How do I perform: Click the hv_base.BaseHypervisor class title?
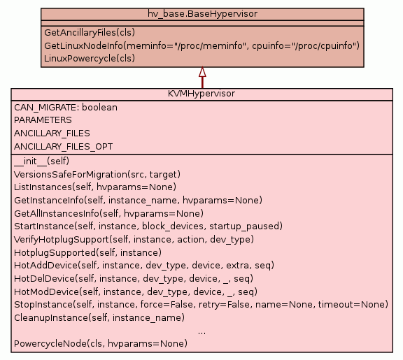pos(202,13)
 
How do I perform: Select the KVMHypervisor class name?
pos(201,94)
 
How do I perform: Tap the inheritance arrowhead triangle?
pos(202,72)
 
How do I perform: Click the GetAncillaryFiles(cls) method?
pos(90,33)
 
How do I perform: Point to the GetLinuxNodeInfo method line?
pos(201,45)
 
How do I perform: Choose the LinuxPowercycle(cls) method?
pos(90,58)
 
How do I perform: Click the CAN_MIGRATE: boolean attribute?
pos(66,108)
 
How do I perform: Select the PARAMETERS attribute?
pos(43,120)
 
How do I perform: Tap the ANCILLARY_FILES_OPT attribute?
pos(63,147)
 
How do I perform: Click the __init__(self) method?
pos(42,161)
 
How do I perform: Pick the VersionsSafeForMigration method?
pos(97,175)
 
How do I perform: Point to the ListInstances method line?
pos(95,187)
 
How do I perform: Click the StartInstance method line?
pos(148,226)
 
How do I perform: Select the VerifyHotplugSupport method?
pos(134,240)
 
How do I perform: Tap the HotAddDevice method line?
pos(144,265)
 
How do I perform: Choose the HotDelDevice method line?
pos(134,279)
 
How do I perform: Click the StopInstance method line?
pos(201,305)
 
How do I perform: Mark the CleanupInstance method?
pos(99,318)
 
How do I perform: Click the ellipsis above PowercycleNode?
pos(201,333)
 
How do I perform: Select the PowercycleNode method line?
pos(101,343)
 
